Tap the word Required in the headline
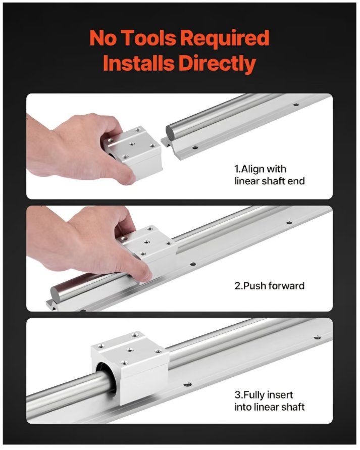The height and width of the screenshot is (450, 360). click(x=225, y=39)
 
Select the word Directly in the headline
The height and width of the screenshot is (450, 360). click(x=218, y=64)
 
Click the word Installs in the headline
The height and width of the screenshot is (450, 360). click(x=139, y=63)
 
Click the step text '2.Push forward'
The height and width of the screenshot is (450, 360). click(x=269, y=286)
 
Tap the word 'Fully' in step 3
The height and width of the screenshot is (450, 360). click(x=253, y=395)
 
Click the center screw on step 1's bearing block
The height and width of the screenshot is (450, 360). click(x=132, y=143)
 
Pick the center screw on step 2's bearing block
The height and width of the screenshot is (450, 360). click(x=147, y=241)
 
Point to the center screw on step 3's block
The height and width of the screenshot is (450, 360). click(x=130, y=350)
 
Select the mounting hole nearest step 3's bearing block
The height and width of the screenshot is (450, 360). click(x=187, y=384)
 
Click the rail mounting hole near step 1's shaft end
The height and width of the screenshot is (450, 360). click(x=195, y=147)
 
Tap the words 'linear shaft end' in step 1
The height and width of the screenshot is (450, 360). click(x=269, y=181)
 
